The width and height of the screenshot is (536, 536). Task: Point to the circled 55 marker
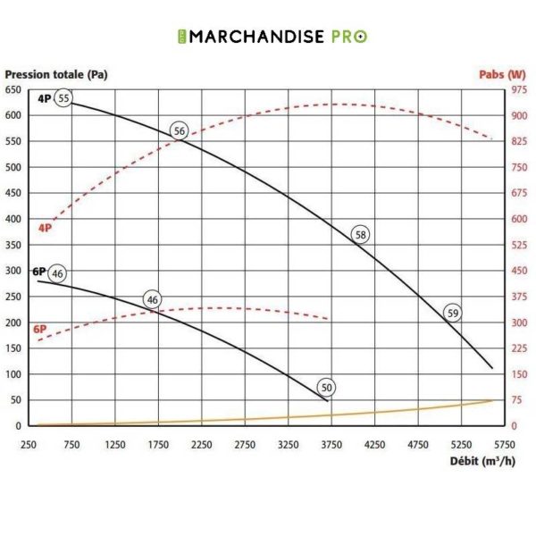pyautogui.click(x=63, y=98)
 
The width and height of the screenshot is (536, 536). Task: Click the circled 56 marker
pyautogui.click(x=180, y=131)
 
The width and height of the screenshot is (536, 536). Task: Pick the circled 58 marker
pyautogui.click(x=361, y=235)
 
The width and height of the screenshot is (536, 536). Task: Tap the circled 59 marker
pyautogui.click(x=453, y=313)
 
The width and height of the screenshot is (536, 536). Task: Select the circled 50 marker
pyautogui.click(x=327, y=388)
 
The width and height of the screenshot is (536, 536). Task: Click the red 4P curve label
pyautogui.click(x=45, y=228)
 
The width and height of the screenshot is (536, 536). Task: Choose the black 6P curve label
pyautogui.click(x=39, y=272)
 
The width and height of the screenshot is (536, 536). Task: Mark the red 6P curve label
pyautogui.click(x=39, y=329)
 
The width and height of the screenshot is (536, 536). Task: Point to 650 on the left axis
pyautogui.click(x=13, y=90)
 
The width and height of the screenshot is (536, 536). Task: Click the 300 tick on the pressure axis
pyautogui.click(x=13, y=271)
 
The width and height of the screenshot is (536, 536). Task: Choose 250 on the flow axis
pyautogui.click(x=29, y=444)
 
